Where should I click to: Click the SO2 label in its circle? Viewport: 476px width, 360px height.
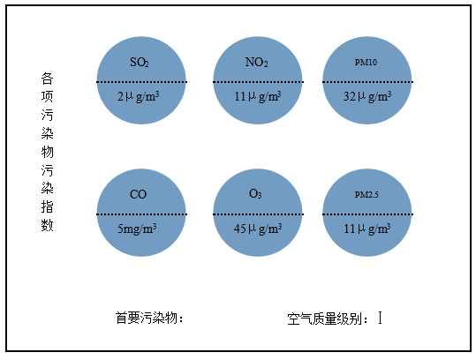click(x=140, y=63)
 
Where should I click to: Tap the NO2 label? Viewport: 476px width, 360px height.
click(x=256, y=63)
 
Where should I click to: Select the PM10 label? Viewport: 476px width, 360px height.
click(x=366, y=63)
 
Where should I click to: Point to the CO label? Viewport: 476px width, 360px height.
click(x=138, y=194)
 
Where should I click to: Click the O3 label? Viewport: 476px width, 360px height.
click(x=255, y=194)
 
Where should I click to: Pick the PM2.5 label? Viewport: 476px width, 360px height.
click(x=366, y=195)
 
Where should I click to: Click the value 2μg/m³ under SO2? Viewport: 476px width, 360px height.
click(x=138, y=97)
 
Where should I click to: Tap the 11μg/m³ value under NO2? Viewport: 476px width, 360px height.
click(x=258, y=97)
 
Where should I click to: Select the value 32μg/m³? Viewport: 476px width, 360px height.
click(x=367, y=97)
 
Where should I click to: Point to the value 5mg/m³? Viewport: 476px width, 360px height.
click(x=137, y=229)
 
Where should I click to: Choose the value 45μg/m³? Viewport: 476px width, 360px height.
click(x=258, y=229)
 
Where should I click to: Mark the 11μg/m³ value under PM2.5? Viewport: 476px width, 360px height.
click(x=367, y=229)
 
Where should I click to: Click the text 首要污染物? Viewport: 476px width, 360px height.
click(x=146, y=319)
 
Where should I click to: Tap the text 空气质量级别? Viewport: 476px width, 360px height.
click(x=324, y=319)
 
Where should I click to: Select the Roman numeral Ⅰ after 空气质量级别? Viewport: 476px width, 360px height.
click(x=380, y=318)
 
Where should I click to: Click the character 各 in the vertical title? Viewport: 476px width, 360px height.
click(x=48, y=79)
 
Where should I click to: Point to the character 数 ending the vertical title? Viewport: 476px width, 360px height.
click(x=48, y=225)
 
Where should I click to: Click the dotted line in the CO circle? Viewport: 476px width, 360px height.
click(x=141, y=214)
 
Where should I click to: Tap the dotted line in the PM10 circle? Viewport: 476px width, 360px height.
click(x=367, y=82)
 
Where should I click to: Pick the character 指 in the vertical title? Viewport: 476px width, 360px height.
click(x=48, y=206)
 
